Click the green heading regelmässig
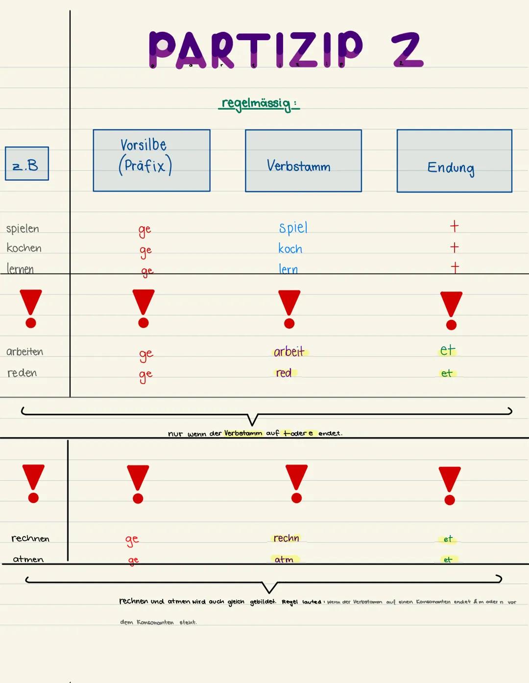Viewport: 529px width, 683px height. click(258, 103)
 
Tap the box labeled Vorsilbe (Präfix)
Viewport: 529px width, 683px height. click(151, 160)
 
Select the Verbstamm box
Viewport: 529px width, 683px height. click(303, 161)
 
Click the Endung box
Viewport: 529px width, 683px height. click(454, 161)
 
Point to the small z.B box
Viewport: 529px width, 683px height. click(27, 164)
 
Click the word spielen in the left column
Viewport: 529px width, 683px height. click(23, 229)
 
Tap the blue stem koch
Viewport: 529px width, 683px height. click(290, 249)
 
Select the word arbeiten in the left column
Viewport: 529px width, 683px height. click(24, 352)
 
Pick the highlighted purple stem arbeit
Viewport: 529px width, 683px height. click(289, 351)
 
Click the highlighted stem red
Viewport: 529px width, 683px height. click(284, 373)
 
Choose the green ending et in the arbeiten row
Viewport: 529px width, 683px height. click(447, 350)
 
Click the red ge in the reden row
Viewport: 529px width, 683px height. click(145, 375)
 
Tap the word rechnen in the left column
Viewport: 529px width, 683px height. click(30, 538)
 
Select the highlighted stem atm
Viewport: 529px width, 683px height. click(284, 559)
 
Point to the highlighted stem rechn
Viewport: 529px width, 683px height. click(286, 538)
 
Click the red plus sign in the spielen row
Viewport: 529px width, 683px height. click(454, 226)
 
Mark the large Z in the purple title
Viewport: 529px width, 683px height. click(407, 49)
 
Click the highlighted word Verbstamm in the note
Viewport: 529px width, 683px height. click(243, 433)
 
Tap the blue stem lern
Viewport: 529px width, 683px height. click(288, 269)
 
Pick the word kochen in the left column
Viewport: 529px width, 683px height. click(24, 248)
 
